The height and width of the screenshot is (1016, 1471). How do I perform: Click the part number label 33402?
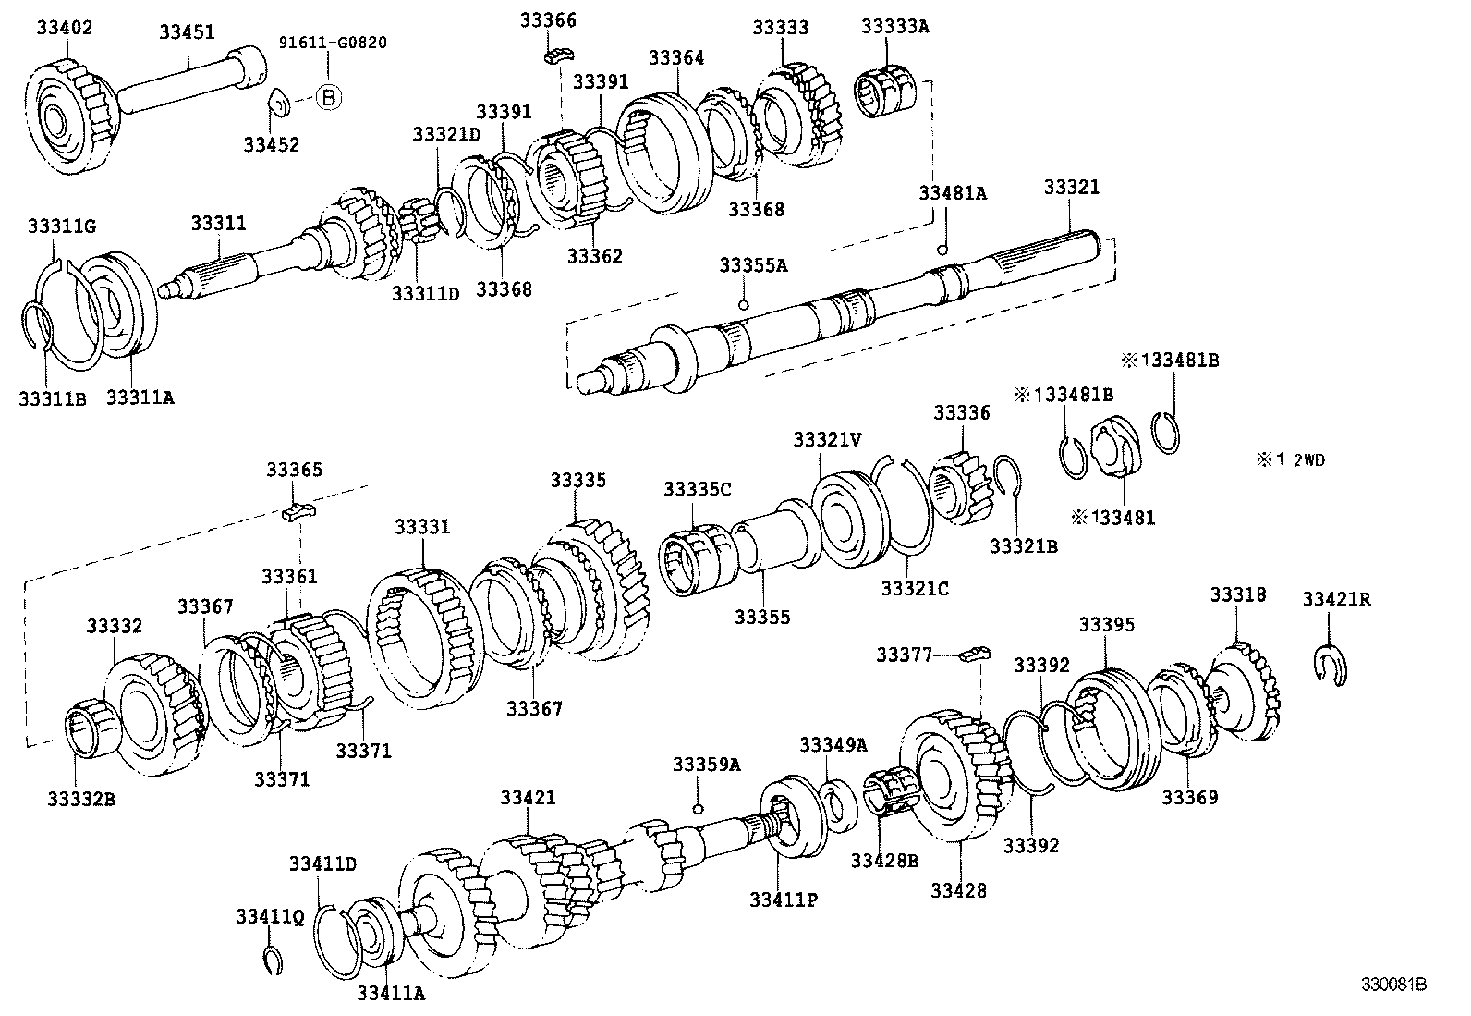tap(65, 28)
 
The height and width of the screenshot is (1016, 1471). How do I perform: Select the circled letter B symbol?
tap(329, 96)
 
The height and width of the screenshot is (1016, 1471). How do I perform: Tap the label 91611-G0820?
tap(334, 43)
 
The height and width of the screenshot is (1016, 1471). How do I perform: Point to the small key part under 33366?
tap(555, 56)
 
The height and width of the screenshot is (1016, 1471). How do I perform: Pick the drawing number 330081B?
tap(1392, 985)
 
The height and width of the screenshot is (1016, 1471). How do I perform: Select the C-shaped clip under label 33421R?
tap(1331, 664)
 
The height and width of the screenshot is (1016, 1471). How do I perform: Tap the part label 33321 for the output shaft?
tap(1072, 187)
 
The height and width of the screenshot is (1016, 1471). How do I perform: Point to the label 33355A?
tap(753, 265)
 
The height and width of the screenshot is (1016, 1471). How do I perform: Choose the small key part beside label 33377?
tap(974, 655)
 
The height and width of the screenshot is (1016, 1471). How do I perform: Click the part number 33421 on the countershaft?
tap(529, 797)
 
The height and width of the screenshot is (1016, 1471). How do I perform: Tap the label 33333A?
tap(895, 27)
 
